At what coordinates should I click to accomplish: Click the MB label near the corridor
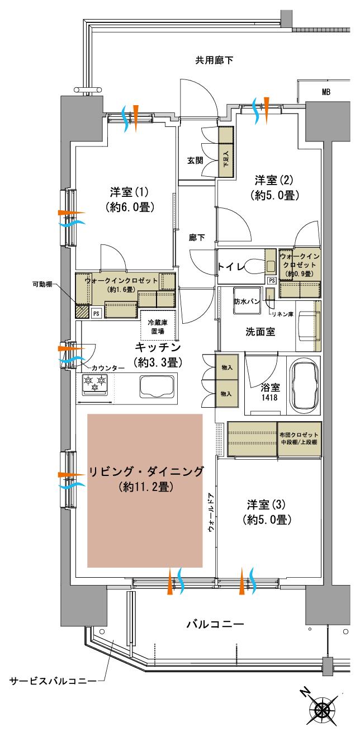[x=325, y=92]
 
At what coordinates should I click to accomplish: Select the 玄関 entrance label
[x=195, y=160]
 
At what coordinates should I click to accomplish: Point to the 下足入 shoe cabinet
[x=226, y=152]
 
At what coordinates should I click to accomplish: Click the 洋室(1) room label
[x=129, y=192]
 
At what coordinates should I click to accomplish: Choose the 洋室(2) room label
[x=274, y=180]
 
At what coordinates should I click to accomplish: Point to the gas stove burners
[x=94, y=384]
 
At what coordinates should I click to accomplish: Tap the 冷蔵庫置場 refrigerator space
[x=158, y=326]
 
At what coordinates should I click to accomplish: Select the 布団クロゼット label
[x=299, y=435]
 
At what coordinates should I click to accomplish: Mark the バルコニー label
[x=215, y=624]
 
